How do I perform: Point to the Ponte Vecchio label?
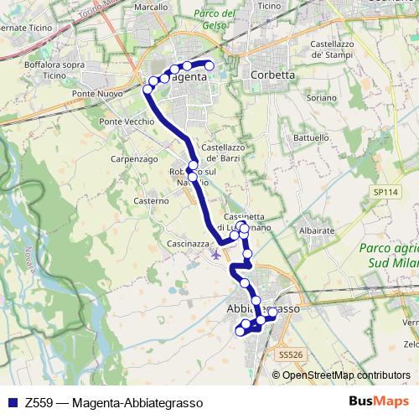127,122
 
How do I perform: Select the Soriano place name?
320,98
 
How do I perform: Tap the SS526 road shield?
287,354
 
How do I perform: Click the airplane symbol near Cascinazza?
217,253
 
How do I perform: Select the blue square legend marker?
12,402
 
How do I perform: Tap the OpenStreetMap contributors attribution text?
345,375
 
